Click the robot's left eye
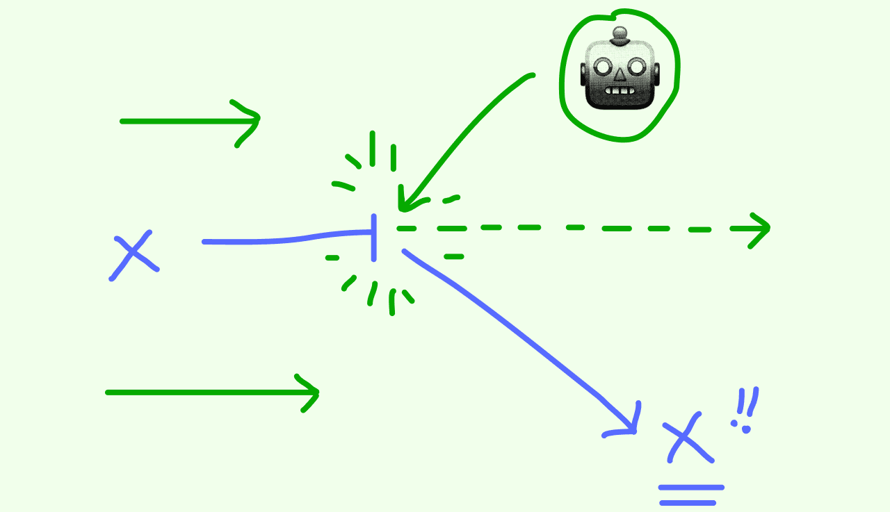click(x=604, y=68)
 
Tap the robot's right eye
click(x=637, y=67)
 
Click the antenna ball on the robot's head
click(x=620, y=33)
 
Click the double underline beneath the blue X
click(x=691, y=495)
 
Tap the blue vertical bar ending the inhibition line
click(x=374, y=238)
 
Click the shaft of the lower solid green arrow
click(x=202, y=393)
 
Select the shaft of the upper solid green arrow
click(x=181, y=121)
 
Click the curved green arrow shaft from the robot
click(x=466, y=132)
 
